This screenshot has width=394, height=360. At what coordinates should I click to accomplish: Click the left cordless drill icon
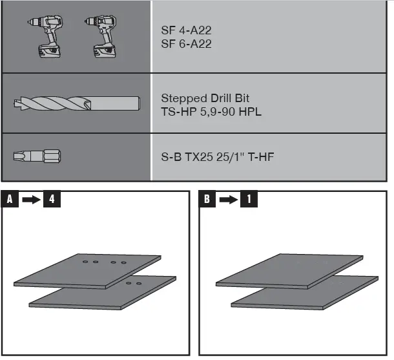46,36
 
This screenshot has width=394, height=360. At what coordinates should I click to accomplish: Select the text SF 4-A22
185,31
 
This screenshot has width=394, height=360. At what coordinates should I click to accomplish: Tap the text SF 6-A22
185,44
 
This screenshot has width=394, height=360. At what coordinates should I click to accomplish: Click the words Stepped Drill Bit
205,99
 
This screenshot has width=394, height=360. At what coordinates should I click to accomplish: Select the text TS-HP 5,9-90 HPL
211,112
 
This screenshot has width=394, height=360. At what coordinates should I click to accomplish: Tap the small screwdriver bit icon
37,156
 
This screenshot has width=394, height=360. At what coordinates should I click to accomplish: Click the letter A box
10,200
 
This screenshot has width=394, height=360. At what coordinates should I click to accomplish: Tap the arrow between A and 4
31,200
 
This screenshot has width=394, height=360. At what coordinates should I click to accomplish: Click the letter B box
206,200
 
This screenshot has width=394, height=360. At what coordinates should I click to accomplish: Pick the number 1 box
248,200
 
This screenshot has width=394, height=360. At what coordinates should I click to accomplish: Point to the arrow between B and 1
227,200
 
